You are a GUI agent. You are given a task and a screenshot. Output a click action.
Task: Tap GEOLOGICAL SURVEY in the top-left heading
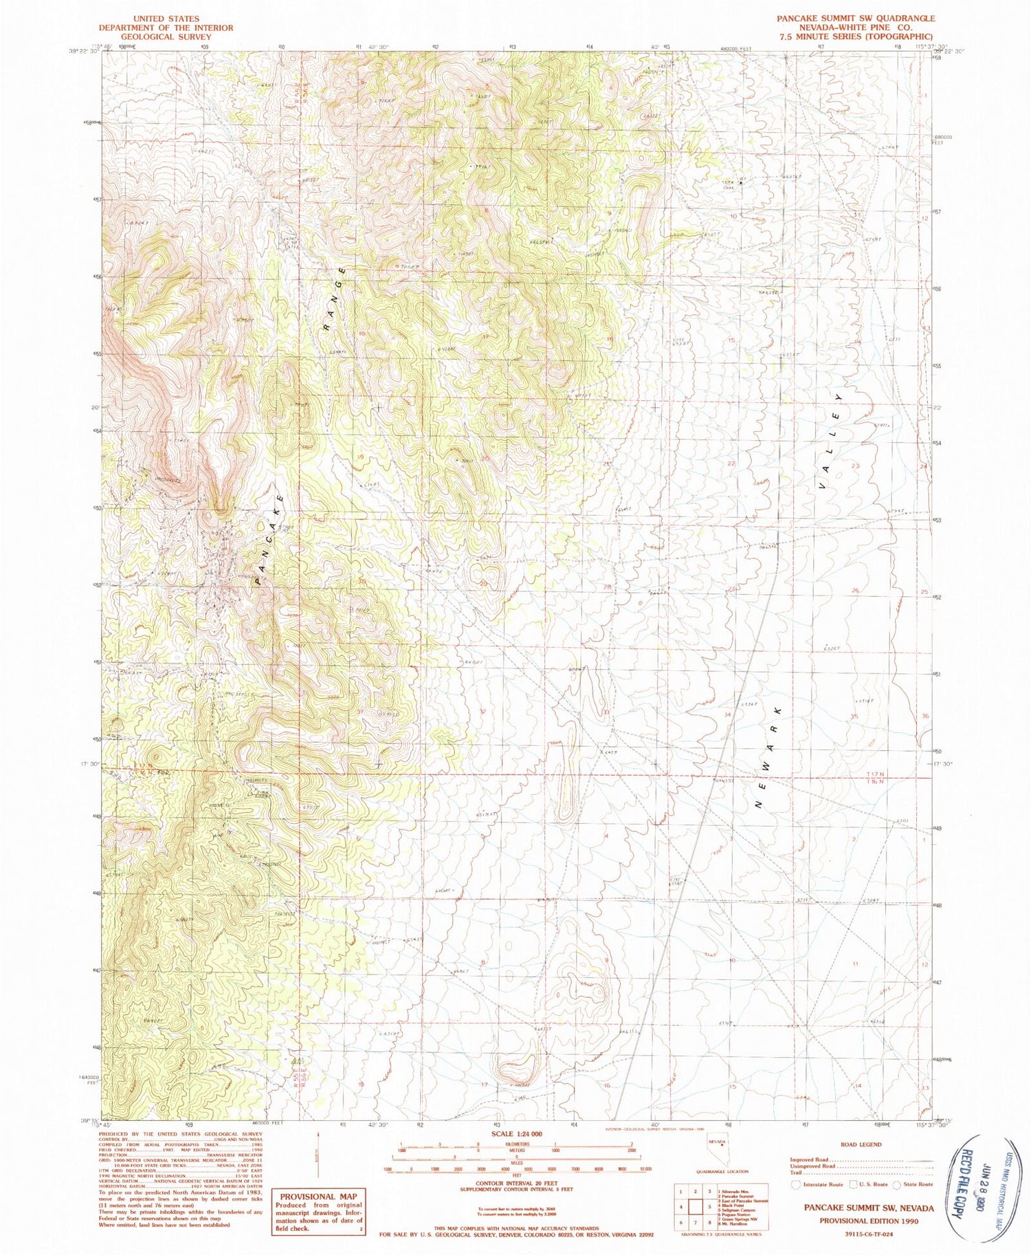click(x=166, y=37)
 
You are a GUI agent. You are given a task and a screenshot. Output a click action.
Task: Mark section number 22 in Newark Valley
click(x=731, y=464)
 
